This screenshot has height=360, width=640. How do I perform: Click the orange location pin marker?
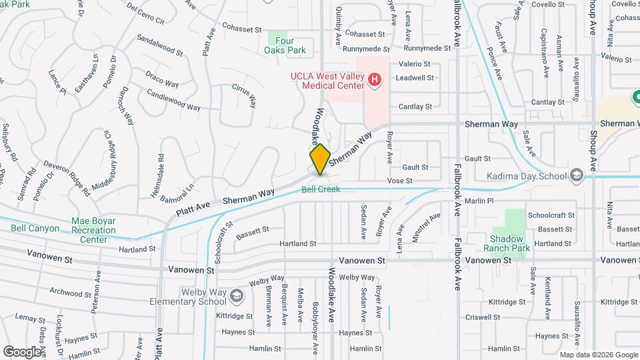(320, 159)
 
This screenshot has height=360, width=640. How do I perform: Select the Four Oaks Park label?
(284, 45)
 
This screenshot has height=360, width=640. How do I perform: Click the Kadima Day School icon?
(577, 176)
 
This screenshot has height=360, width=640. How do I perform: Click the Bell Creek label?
(321, 189)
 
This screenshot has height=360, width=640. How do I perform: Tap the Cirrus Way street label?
(244, 96)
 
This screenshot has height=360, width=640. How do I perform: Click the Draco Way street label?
(162, 80)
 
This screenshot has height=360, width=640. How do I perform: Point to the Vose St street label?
(400, 181)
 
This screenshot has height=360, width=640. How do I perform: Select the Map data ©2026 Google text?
(598, 355)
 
